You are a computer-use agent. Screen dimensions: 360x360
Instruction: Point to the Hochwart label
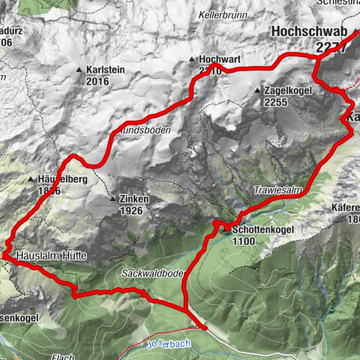(218, 58)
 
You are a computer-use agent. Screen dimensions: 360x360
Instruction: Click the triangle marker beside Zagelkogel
(257, 91)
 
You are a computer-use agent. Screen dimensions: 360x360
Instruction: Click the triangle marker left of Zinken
(113, 199)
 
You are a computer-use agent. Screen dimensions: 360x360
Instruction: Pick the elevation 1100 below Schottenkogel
(243, 242)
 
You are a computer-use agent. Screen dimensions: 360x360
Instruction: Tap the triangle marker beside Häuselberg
(31, 180)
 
